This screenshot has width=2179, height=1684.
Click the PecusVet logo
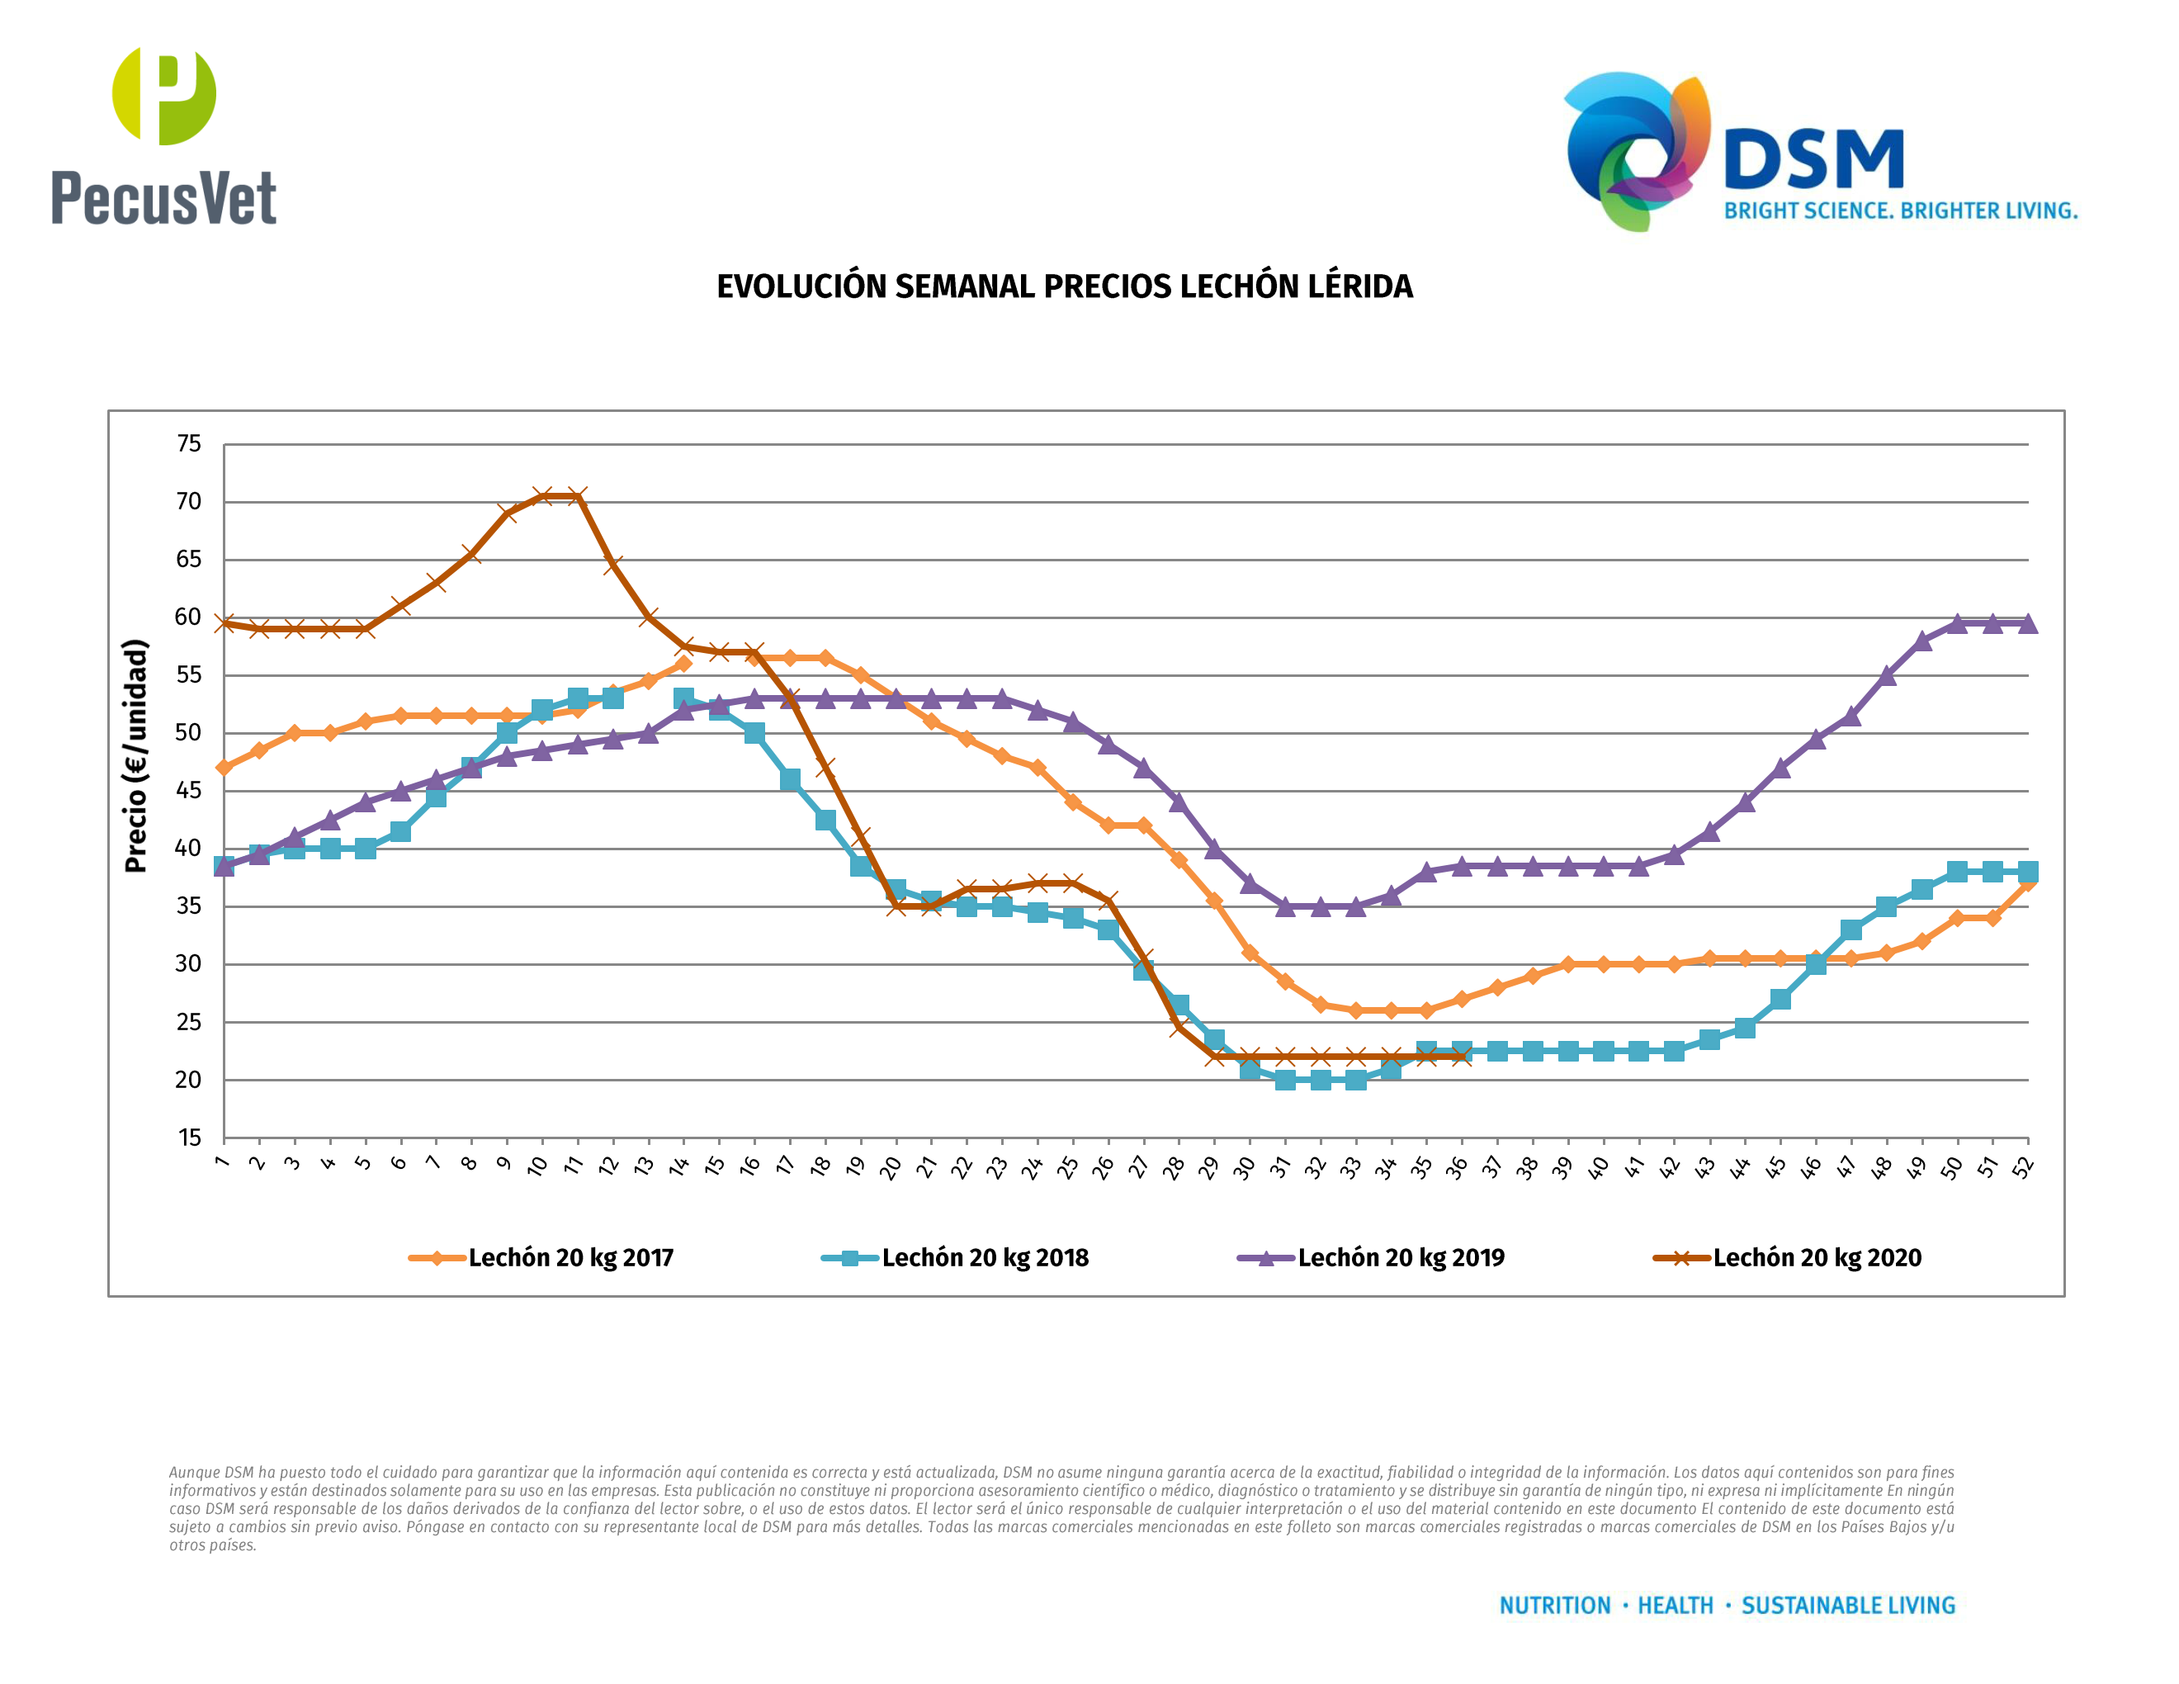tap(163, 137)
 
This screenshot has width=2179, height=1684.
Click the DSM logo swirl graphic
tap(1636, 149)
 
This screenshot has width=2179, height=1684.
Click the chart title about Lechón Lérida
tap(1065, 286)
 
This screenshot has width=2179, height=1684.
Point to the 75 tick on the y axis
tap(188, 444)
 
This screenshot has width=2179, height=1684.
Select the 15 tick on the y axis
tap(188, 1138)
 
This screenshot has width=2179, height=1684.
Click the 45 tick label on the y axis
tap(188, 790)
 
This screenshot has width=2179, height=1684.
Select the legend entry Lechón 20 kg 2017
tap(541, 1257)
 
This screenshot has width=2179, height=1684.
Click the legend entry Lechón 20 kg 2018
tap(955, 1257)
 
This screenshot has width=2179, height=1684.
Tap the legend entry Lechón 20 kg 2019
tap(1371, 1257)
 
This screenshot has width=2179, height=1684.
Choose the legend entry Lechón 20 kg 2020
tap(1787, 1257)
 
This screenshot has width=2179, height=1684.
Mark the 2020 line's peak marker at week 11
tap(578, 496)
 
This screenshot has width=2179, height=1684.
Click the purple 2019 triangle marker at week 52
tap(2027, 623)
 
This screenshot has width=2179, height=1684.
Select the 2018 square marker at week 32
tap(1320, 1080)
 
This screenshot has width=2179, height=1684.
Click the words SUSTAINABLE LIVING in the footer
tap(1848, 1606)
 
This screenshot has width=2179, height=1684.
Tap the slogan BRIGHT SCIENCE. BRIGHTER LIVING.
tap(1900, 211)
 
